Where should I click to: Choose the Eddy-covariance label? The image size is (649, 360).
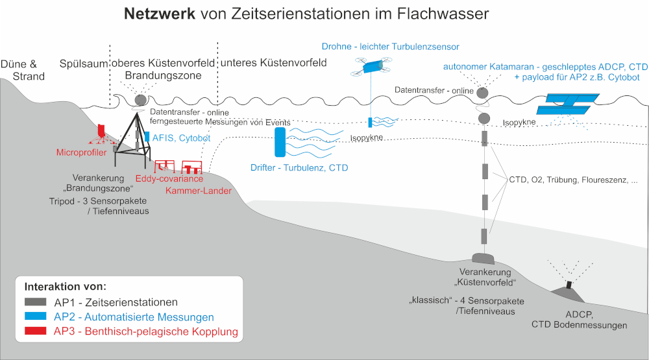(169, 178)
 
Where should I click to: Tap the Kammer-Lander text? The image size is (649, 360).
(199, 190)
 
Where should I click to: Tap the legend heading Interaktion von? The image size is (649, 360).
(66, 286)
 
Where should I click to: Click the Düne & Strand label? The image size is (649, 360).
(23, 70)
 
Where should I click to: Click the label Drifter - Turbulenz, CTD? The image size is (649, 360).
(299, 167)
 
